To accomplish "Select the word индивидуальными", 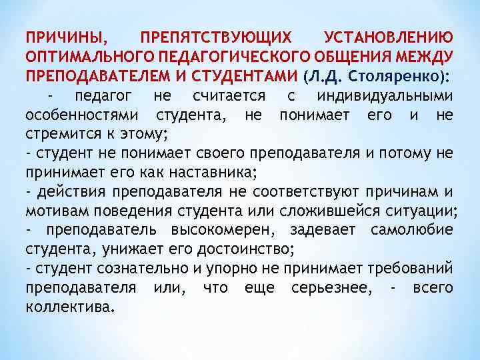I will point(386,96).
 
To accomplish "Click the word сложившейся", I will point(342,212).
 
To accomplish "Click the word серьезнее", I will point(329,288).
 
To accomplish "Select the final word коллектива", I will point(70,308).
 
